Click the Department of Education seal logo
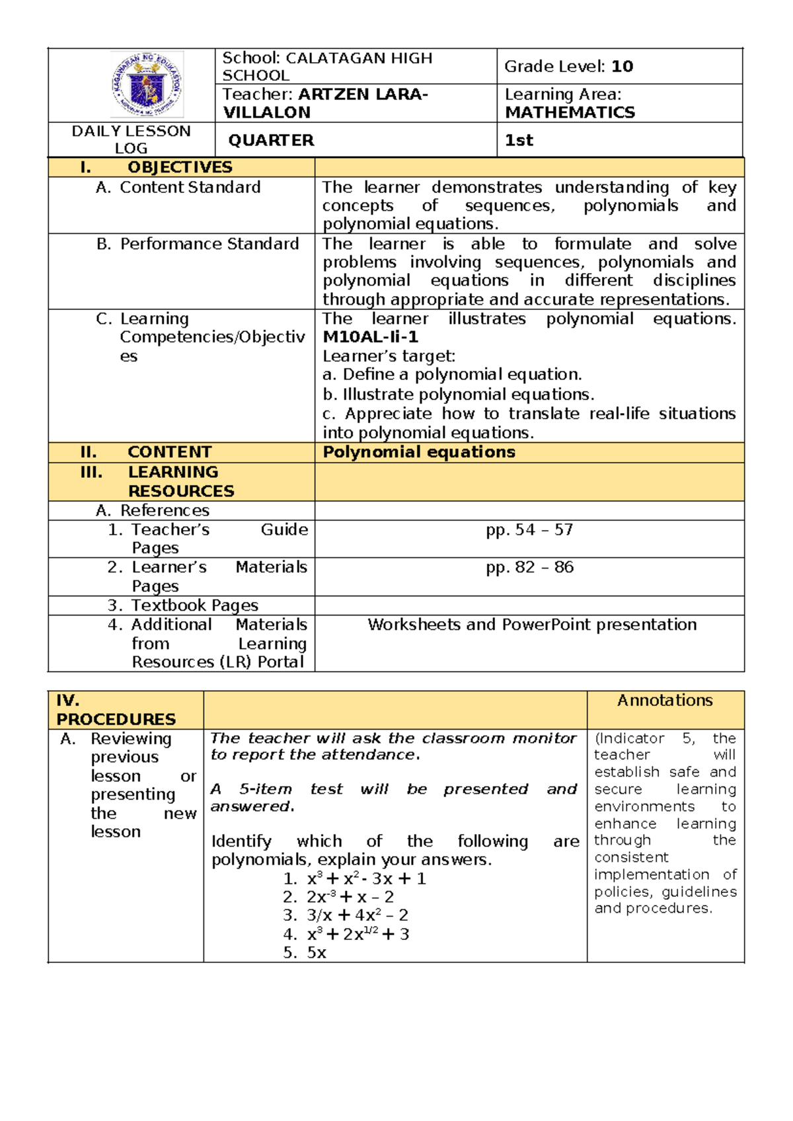(x=147, y=85)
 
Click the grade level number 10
(x=622, y=67)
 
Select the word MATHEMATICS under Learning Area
(x=570, y=112)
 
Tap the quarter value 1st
(x=519, y=140)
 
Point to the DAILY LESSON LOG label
(x=131, y=139)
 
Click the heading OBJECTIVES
(x=180, y=167)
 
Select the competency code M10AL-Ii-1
(x=370, y=337)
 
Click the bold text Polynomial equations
(x=419, y=452)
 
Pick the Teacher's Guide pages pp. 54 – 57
(x=529, y=530)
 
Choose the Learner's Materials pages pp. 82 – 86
(x=529, y=568)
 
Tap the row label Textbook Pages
(x=194, y=605)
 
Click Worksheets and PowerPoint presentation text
(x=532, y=625)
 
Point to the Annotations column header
(x=665, y=701)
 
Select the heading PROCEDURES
(x=116, y=719)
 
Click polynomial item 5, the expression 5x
(x=317, y=953)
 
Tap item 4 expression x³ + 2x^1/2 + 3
(x=358, y=935)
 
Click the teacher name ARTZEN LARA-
(x=363, y=95)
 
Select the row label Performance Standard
(x=209, y=244)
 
